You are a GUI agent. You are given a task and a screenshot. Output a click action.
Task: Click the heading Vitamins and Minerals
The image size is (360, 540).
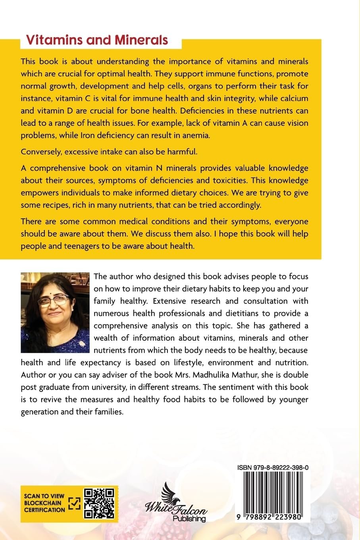pos(96,40)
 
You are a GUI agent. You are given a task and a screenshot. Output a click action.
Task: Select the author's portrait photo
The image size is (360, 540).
pos(55,312)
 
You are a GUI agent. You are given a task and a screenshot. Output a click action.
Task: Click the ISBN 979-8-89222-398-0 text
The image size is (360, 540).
pos(273,468)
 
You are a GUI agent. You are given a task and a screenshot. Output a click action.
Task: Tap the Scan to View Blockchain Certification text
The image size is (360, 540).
pos(44,503)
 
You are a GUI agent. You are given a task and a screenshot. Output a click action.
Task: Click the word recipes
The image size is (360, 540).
pos(56,205)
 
